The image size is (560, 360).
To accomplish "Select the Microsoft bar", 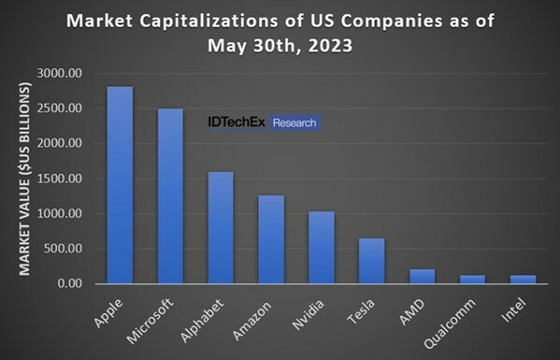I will [x=169, y=196].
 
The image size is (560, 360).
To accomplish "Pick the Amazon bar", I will [x=271, y=239].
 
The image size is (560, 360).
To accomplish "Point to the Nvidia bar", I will [x=322, y=248].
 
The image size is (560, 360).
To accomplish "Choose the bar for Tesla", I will [x=372, y=261].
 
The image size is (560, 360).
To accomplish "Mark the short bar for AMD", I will [x=423, y=276].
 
